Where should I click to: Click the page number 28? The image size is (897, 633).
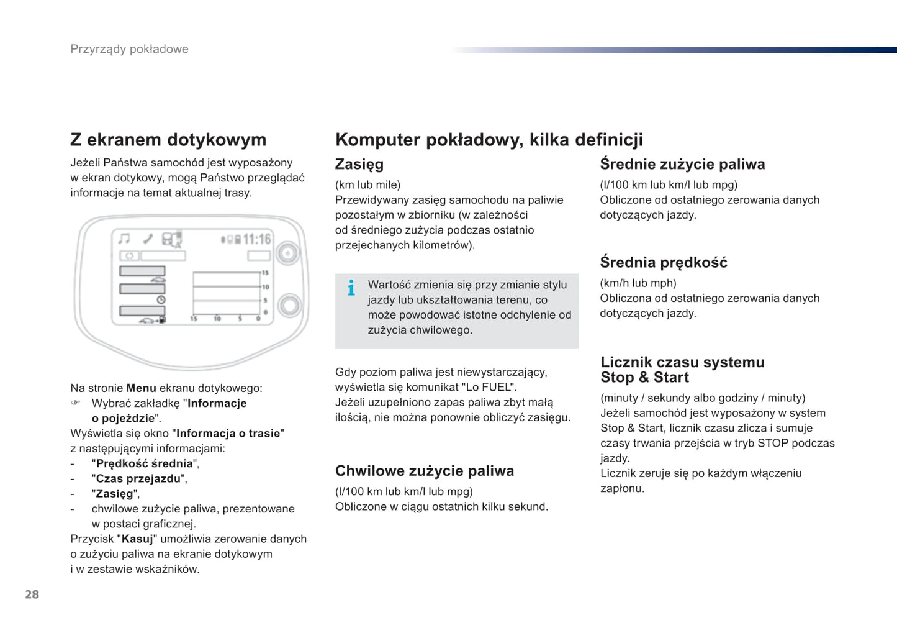32,594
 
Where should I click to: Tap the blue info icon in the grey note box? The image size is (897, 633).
351,288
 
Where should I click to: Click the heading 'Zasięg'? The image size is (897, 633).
359,164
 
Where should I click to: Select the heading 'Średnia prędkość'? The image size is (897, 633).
663,262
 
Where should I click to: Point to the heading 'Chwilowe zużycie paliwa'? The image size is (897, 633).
424,471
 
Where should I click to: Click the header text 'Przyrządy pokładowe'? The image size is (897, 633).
129,49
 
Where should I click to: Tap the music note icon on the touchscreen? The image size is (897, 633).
124,239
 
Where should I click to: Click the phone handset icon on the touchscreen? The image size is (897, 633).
148,239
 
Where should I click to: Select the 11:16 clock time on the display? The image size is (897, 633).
256,239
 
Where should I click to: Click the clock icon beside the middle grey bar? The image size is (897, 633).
161,299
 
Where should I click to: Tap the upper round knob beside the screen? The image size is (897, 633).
287,253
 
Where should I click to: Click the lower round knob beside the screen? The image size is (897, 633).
289,305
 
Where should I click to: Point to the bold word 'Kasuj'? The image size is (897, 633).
137,539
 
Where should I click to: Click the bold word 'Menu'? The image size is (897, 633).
141,388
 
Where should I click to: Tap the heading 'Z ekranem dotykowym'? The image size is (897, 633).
168,140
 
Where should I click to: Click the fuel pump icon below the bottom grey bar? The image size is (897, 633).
162,320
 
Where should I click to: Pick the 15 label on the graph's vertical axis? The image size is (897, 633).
265,273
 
